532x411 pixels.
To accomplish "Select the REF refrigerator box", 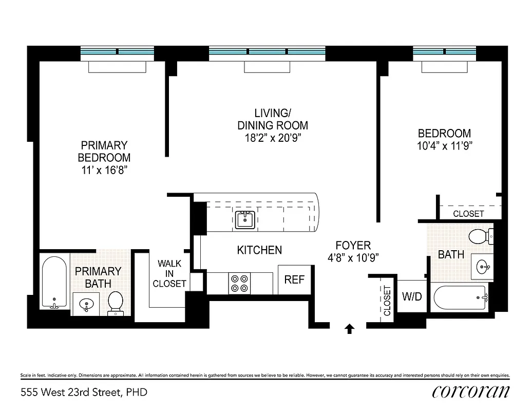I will coord(294,280).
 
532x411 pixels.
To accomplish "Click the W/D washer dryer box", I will coord(411,296).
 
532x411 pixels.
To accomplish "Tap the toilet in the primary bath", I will coord(116,303).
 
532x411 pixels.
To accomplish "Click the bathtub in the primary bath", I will coord(54,282).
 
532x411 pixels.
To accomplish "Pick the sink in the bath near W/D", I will coord(482,267).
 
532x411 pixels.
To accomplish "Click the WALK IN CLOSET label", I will coord(169,273).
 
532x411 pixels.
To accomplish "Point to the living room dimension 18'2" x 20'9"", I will coord(272,137).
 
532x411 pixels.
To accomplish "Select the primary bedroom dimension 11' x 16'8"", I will coord(104,170).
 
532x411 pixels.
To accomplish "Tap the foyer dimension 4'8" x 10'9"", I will coord(353,258).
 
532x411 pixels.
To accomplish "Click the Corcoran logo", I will coord(471,391).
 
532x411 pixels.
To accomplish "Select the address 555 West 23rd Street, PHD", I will coord(84,393).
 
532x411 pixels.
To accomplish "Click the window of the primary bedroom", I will coord(118,52).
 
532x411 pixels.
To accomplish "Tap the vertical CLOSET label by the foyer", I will coord(387,300).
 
